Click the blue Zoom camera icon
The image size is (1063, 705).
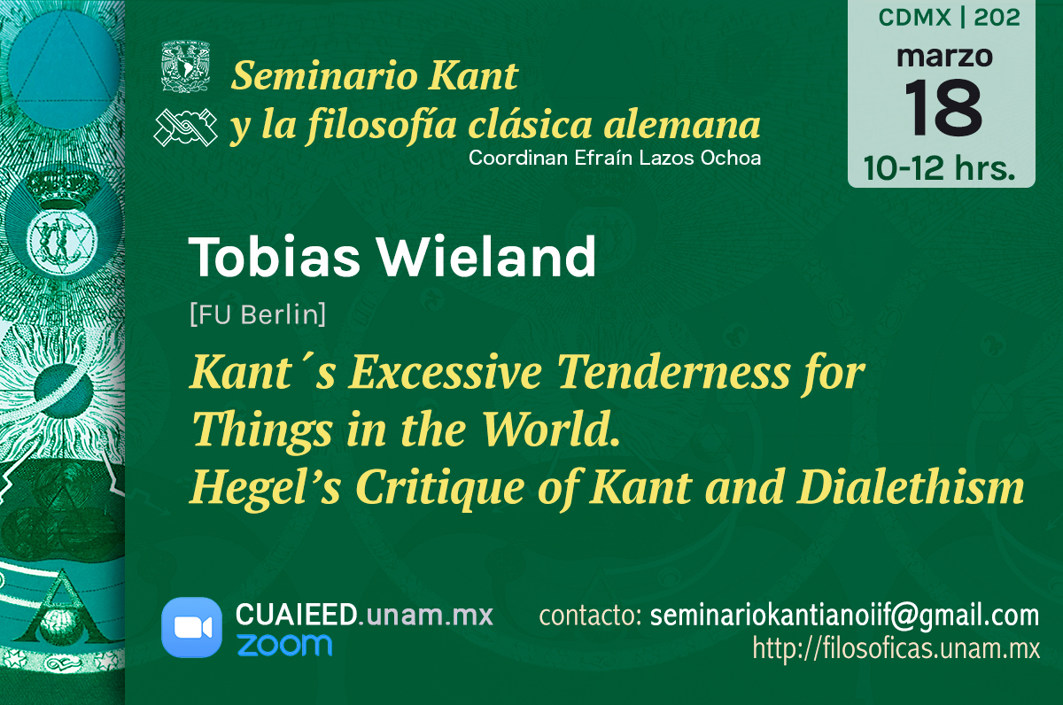pyautogui.click(x=191, y=627)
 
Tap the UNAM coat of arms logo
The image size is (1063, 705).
pyautogui.click(x=185, y=67)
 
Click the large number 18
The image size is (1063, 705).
pyautogui.click(x=943, y=108)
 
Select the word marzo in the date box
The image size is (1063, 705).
pyautogui.click(x=945, y=57)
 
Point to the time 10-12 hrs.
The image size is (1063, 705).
pyautogui.click(x=939, y=168)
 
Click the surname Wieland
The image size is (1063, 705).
pyautogui.click(x=486, y=257)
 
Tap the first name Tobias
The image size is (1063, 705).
pyautogui.click(x=275, y=257)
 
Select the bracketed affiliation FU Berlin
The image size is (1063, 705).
pyautogui.click(x=258, y=314)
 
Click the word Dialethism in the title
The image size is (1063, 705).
pyautogui.click(x=911, y=487)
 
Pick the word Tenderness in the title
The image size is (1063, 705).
pyautogui.click(x=673, y=371)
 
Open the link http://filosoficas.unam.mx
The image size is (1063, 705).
pyautogui.click(x=896, y=648)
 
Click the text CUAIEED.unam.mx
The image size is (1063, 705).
pyautogui.click(x=364, y=615)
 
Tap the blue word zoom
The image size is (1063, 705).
pyautogui.click(x=284, y=645)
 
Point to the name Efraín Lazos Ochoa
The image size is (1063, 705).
pyautogui.click(x=667, y=158)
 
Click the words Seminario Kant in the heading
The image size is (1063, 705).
pyautogui.click(x=375, y=75)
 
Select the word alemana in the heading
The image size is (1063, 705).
pyautogui.click(x=682, y=125)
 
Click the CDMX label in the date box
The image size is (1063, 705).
pyautogui.click(x=914, y=18)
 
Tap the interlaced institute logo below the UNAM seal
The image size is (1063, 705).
pyautogui.click(x=185, y=128)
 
